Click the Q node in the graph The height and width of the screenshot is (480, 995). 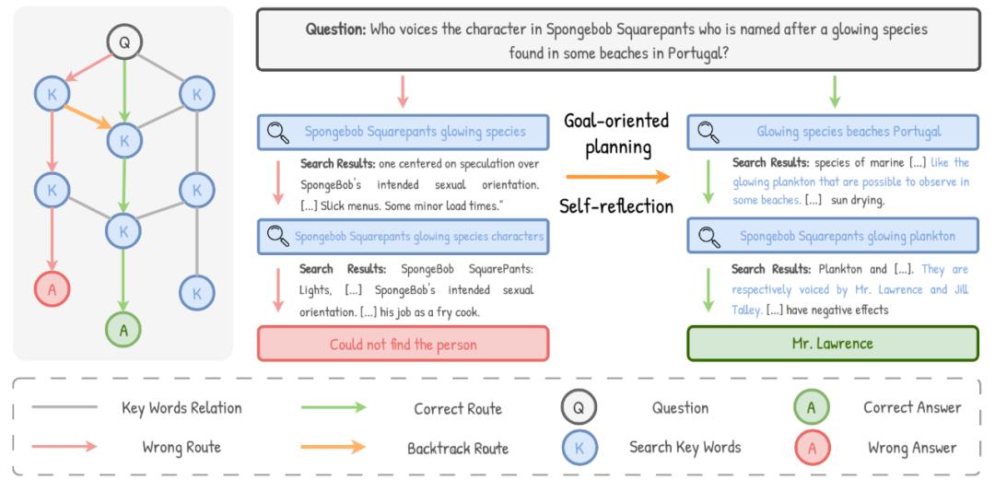click(x=123, y=41)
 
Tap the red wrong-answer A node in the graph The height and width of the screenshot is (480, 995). click(x=52, y=288)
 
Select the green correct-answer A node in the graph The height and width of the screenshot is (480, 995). click(x=123, y=328)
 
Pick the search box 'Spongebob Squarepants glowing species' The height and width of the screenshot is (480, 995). click(x=402, y=132)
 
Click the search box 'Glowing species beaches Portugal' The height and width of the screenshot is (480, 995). click(x=833, y=132)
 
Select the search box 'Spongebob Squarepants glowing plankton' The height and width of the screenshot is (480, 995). click(x=833, y=237)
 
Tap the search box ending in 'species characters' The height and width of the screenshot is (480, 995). click(x=402, y=237)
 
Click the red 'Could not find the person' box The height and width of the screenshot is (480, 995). click(x=403, y=344)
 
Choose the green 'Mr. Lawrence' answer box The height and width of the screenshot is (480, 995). click(x=833, y=344)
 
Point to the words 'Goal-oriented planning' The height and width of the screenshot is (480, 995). click(x=616, y=135)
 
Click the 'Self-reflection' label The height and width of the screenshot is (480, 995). click(x=616, y=205)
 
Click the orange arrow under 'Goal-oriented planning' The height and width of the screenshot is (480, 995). click(x=616, y=175)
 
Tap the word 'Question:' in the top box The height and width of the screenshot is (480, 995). click(x=335, y=29)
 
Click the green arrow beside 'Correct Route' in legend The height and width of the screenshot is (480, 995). click(x=334, y=408)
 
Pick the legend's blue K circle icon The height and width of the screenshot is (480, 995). click(x=579, y=448)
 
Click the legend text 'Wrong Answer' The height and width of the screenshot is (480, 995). click(x=911, y=448)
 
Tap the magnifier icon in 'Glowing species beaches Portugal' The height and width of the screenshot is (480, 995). click(x=708, y=132)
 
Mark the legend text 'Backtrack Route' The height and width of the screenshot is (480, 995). click(x=459, y=449)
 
